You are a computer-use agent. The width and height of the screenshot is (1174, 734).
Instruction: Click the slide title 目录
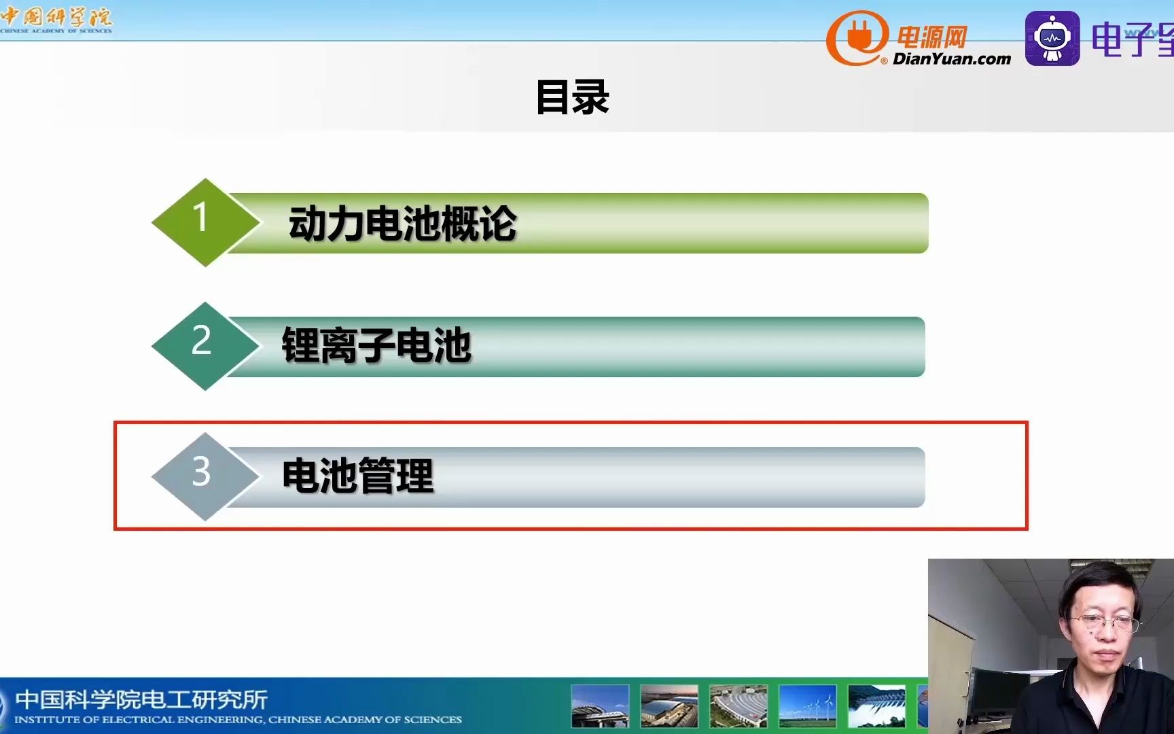[x=572, y=97]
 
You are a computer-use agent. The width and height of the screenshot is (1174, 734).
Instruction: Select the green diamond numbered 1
[x=204, y=222]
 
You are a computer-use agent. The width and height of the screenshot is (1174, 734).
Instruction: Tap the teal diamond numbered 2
[x=204, y=345]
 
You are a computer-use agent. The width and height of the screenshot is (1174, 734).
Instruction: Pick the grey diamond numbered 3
[x=204, y=476]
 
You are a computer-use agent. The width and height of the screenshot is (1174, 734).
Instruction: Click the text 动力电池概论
[x=402, y=224]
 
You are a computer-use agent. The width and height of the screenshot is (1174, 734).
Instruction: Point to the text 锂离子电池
[x=376, y=345]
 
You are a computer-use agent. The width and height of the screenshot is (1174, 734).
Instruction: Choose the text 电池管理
[x=357, y=476]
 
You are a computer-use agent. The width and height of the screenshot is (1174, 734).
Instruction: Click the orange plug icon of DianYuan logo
[x=857, y=38]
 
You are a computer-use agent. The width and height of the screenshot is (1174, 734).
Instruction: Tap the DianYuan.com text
[x=951, y=59]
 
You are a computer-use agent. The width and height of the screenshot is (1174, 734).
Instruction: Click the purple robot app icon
[x=1052, y=38]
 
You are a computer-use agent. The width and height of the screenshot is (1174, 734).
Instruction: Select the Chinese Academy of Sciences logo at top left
[x=56, y=19]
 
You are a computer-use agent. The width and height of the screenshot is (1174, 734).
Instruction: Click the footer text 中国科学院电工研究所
[x=141, y=699]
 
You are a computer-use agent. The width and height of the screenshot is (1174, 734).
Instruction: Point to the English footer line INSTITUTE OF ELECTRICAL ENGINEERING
[x=238, y=720]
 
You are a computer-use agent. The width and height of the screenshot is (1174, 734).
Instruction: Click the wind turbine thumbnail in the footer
[x=807, y=705]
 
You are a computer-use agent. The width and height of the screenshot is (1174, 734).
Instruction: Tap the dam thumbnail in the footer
[x=876, y=705]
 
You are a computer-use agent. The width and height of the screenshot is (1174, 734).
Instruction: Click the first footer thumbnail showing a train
[x=600, y=705]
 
